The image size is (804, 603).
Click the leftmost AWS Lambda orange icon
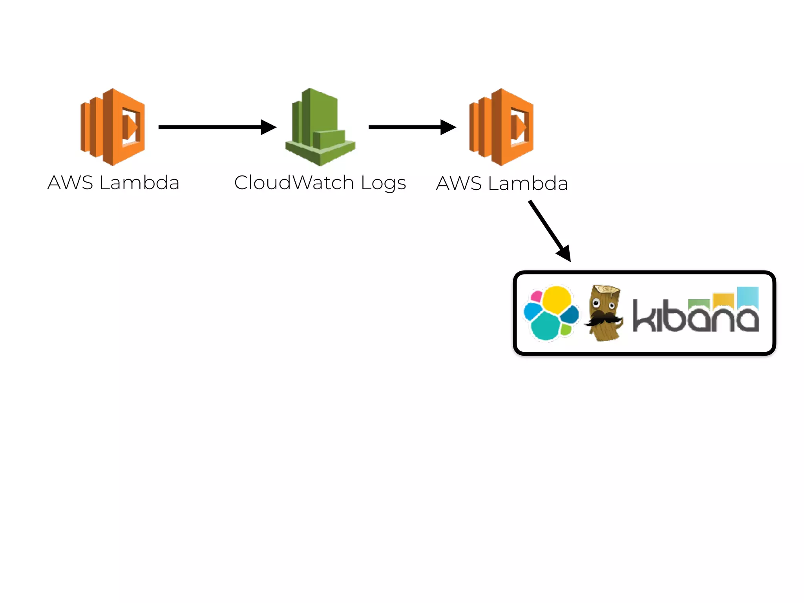113,126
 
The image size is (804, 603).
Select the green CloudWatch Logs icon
320,126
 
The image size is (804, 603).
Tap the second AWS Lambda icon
501,126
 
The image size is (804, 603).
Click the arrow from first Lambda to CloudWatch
212,127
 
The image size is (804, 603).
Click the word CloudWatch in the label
294,183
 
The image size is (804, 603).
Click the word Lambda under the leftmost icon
139,183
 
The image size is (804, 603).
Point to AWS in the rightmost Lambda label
459,184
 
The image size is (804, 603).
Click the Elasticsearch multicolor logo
551,313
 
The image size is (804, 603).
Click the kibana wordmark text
695,316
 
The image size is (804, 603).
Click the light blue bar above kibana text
747,296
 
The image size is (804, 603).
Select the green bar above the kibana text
698,303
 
